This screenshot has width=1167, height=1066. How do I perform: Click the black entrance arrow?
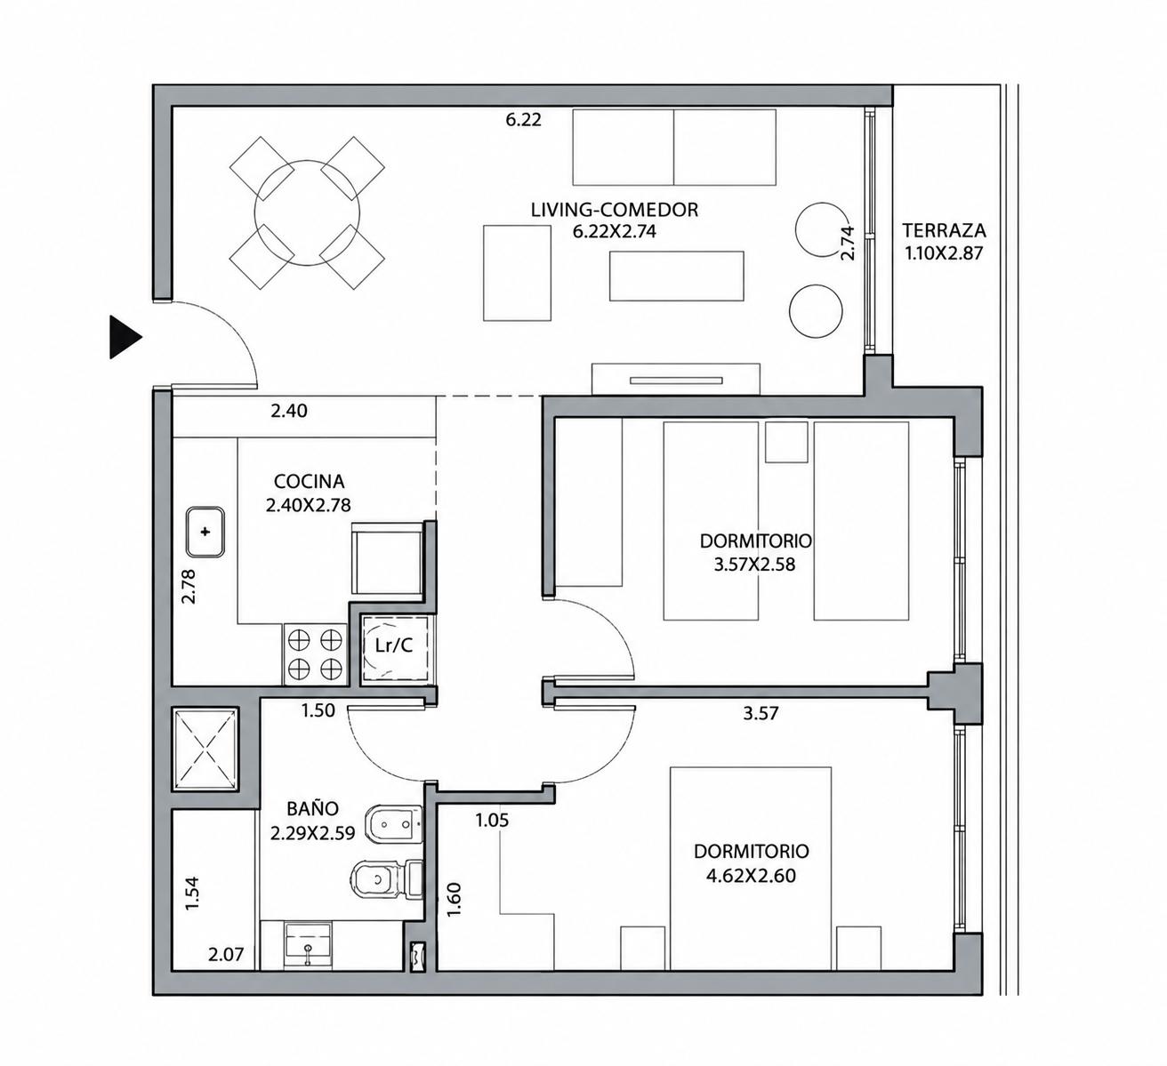pyautogui.click(x=125, y=337)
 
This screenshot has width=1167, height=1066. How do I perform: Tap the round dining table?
pyautogui.click(x=307, y=212)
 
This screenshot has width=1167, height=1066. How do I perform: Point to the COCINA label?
pyautogui.click(x=309, y=482)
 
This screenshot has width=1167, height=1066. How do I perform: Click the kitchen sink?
pyautogui.click(x=205, y=532)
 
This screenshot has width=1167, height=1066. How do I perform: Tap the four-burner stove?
pyautogui.click(x=315, y=654)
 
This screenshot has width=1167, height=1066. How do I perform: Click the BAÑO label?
pyautogui.click(x=312, y=808)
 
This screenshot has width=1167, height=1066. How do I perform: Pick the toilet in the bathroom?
pyautogui.click(x=388, y=880)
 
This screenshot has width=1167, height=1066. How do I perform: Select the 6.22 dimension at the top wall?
pyautogui.click(x=523, y=120)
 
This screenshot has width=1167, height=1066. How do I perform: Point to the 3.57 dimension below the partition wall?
pyautogui.click(x=761, y=713)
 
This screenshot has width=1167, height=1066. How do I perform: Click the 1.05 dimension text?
pyautogui.click(x=492, y=820)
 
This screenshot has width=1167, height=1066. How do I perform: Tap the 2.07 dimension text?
pyautogui.click(x=226, y=954)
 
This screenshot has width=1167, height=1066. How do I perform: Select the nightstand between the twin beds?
pyautogui.click(x=786, y=442)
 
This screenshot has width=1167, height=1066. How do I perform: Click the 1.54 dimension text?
pyautogui.click(x=191, y=894)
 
